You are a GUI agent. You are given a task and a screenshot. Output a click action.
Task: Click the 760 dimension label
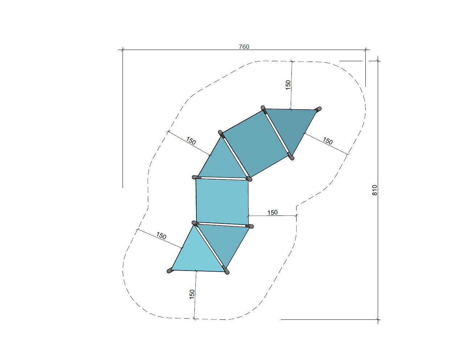(244, 47)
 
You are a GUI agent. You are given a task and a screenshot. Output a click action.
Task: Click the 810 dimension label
(374, 190)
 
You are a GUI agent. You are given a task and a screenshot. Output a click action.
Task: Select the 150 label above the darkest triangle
(288, 85)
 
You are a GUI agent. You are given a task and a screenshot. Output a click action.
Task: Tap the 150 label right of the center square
(273, 213)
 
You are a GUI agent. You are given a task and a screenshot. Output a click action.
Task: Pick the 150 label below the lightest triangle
(192, 294)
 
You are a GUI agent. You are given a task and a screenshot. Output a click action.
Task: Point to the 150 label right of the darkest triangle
(328, 141)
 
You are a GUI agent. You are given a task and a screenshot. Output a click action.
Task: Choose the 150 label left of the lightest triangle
(161, 236)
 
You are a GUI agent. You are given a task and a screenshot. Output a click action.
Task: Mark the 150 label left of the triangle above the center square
(191, 141)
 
